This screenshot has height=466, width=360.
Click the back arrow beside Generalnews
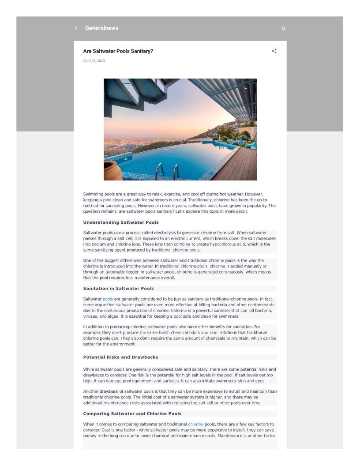(x=76, y=28)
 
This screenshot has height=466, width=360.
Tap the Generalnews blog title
(x=101, y=28)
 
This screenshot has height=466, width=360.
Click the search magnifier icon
(x=284, y=29)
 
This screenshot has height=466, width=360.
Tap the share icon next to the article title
(x=274, y=51)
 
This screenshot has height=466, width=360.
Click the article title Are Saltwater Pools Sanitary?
(x=118, y=51)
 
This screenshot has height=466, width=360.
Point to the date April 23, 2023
(x=94, y=61)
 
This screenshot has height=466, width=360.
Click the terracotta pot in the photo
(x=112, y=171)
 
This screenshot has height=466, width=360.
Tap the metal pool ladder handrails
(x=168, y=171)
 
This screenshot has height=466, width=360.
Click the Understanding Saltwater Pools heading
(x=121, y=222)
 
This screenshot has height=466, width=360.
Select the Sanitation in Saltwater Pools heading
(x=118, y=289)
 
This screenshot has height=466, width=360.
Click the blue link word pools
(x=108, y=299)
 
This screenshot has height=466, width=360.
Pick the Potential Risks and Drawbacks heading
(x=120, y=357)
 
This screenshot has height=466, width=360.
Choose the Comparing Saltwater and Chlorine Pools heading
(x=132, y=414)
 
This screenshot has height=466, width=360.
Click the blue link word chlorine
(x=195, y=425)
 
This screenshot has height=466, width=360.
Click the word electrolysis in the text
(x=164, y=233)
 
